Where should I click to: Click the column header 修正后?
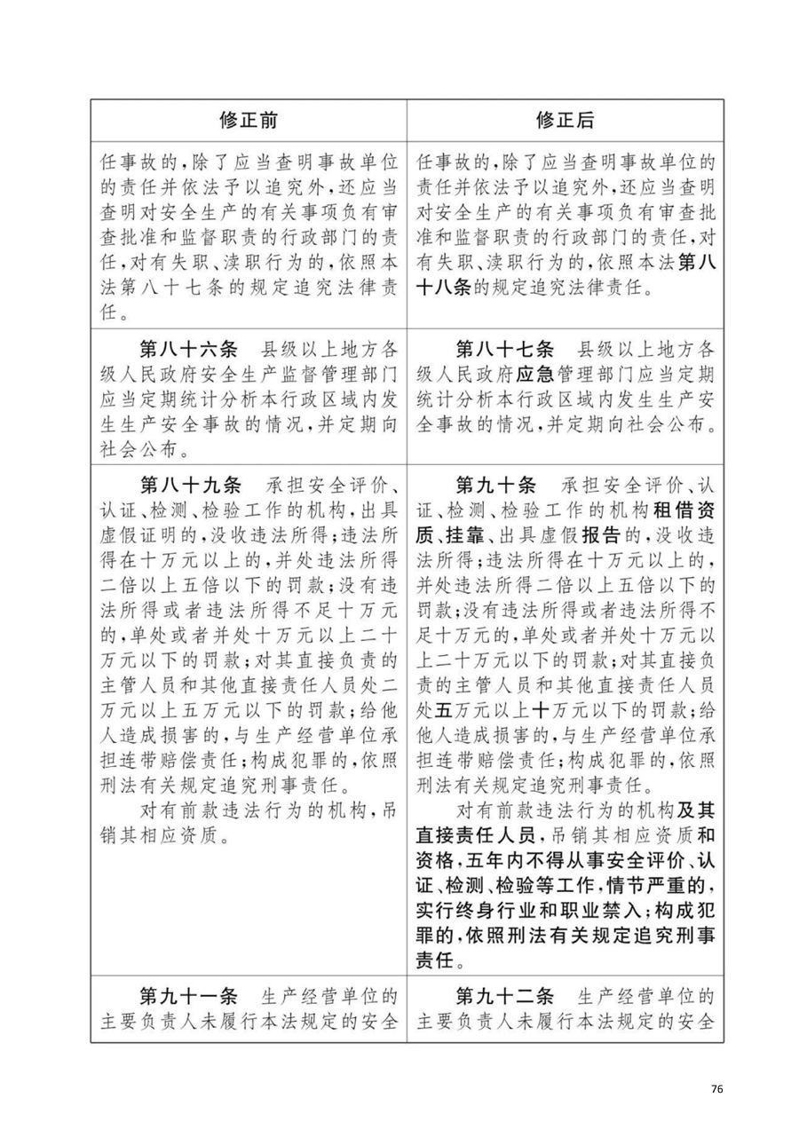coord(565,119)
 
